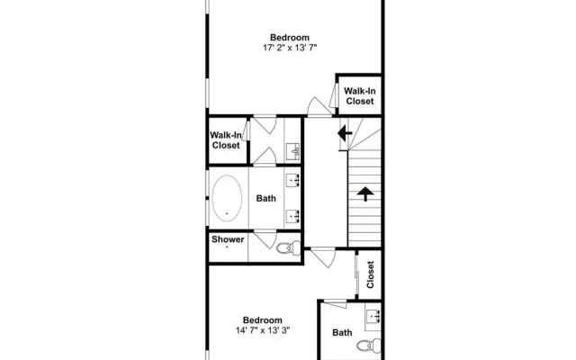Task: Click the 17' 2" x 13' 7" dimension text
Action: tap(290, 48)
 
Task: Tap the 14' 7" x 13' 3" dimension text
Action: tap(263, 330)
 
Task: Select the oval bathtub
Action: tap(227, 198)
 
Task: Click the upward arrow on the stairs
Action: tap(365, 193)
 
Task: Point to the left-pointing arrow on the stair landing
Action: tap(345, 133)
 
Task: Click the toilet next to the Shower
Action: tap(288, 247)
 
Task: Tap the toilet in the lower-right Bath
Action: tap(369, 346)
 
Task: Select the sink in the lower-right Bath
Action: tap(373, 316)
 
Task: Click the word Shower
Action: tap(228, 239)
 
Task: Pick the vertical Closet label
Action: tap(370, 274)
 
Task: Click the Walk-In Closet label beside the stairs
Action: tap(360, 96)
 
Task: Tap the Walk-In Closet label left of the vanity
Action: tap(226, 140)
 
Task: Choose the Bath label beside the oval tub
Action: tap(266, 198)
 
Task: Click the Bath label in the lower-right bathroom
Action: tap(342, 333)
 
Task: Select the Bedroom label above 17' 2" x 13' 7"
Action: tap(290, 38)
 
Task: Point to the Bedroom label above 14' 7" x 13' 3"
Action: tap(262, 320)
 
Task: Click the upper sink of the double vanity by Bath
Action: tap(293, 180)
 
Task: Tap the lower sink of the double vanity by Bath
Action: tap(293, 216)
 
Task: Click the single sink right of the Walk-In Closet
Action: tap(293, 151)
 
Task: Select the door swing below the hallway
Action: tap(323, 258)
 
